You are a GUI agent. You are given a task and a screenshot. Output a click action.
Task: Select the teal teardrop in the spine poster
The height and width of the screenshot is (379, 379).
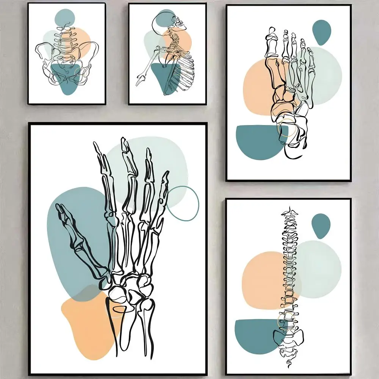click(321, 226)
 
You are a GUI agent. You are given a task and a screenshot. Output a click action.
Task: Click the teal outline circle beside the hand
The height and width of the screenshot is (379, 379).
click(183, 204)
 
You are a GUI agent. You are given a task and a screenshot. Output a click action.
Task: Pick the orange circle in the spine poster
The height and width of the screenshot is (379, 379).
click(262, 280)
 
